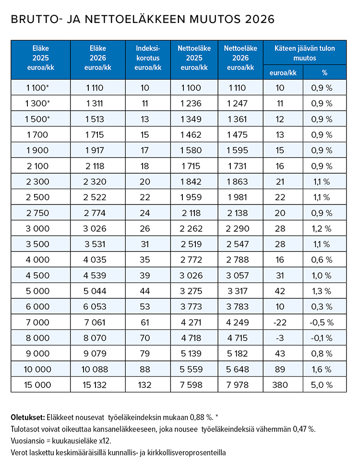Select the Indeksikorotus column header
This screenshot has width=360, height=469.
[x=148, y=58]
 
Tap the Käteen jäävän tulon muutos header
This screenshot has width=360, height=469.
[x=305, y=53]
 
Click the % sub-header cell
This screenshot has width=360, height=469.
[x=324, y=72]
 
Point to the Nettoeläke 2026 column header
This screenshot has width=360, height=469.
[x=240, y=58]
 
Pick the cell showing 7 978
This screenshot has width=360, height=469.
[x=238, y=385]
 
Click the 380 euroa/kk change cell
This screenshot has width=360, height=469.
[x=280, y=385]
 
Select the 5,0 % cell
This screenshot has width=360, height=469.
[x=322, y=385]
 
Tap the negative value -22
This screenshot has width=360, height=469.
[x=280, y=323]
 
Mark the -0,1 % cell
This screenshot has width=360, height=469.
[x=322, y=338]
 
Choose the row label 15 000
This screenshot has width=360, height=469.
[x=37, y=385]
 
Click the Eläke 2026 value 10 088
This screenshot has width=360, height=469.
[x=95, y=369]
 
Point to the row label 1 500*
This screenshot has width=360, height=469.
[x=37, y=119]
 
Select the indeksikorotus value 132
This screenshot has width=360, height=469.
[x=144, y=385]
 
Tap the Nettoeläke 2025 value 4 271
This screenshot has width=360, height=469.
[x=191, y=323]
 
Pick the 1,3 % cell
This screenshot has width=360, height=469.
[x=322, y=291]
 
